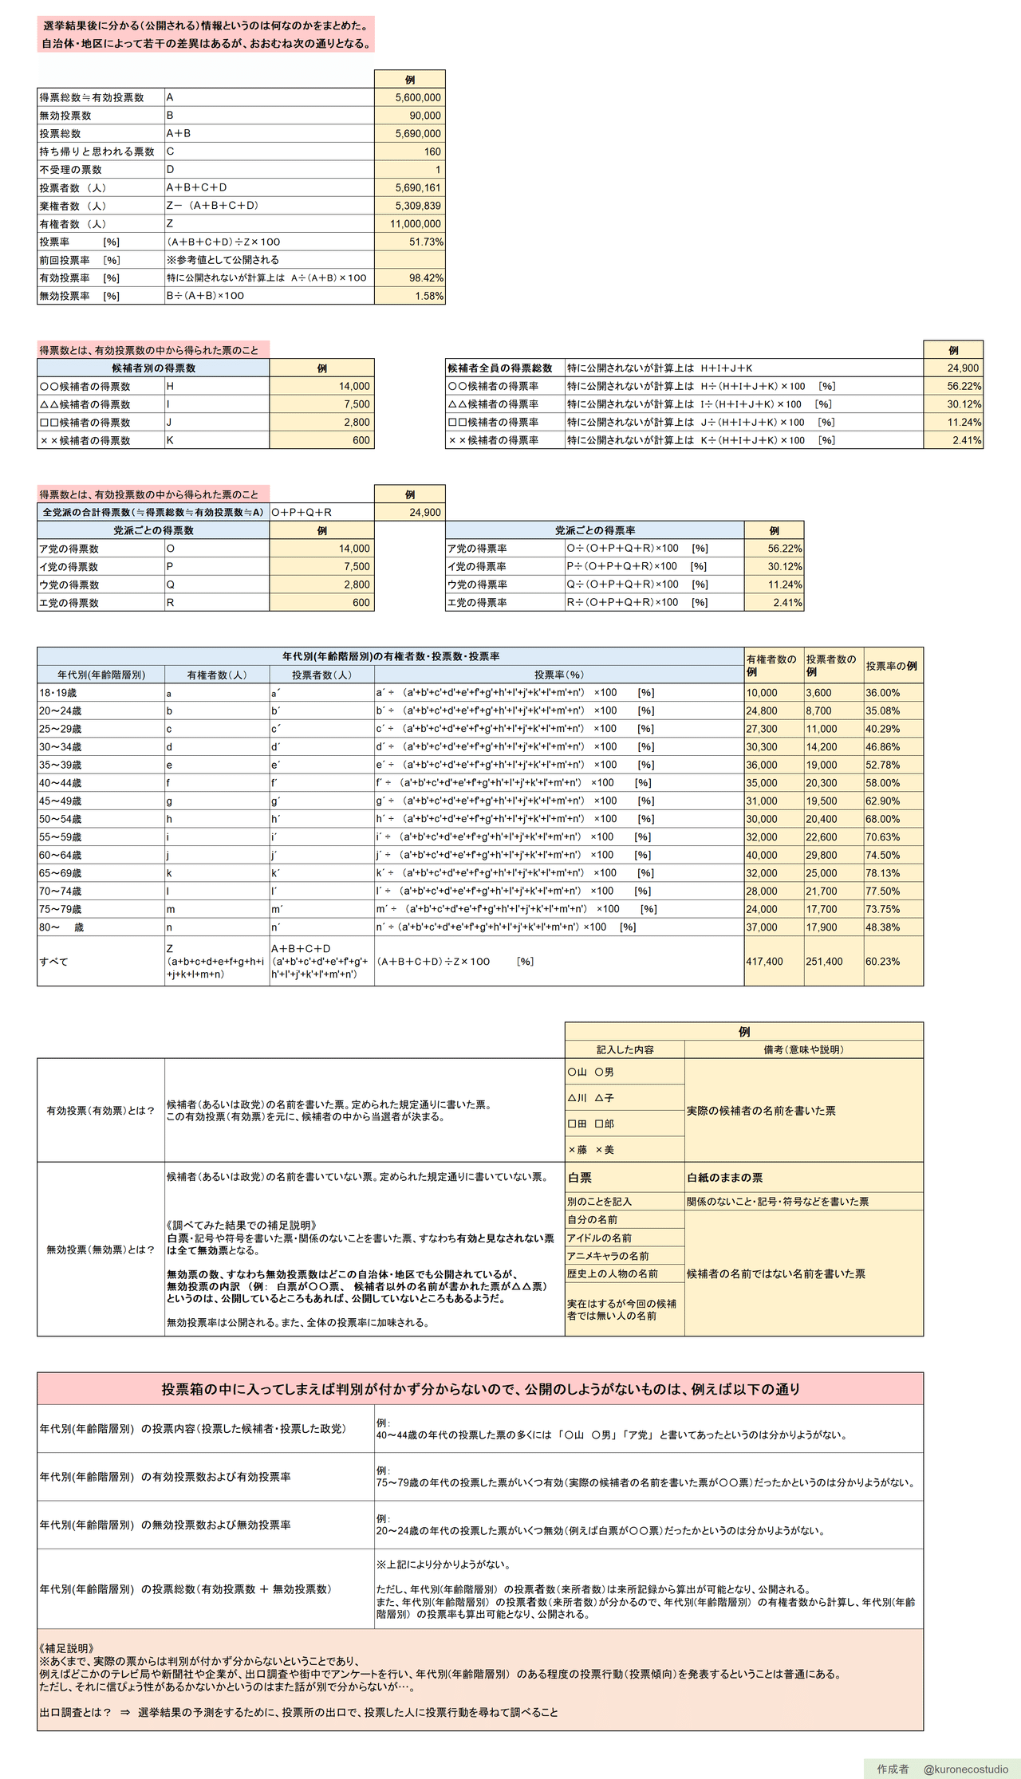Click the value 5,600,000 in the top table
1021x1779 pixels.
(417, 97)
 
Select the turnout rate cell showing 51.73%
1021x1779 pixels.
(426, 242)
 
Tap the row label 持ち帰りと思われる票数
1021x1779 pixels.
(97, 152)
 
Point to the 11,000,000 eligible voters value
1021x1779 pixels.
(416, 224)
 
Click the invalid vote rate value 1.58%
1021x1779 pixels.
(429, 296)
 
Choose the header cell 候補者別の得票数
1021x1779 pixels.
(153, 368)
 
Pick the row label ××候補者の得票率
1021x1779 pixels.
(493, 440)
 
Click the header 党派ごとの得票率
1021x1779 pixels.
(595, 530)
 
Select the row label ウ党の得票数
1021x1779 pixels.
(69, 585)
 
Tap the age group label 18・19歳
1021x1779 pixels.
(58, 693)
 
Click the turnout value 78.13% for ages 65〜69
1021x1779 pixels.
(882, 873)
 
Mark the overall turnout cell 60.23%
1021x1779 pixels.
(882, 962)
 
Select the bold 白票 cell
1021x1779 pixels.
(580, 1178)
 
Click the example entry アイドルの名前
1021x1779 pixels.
(599, 1238)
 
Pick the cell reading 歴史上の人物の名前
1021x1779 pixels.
(613, 1274)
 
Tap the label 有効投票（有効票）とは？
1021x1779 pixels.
(101, 1111)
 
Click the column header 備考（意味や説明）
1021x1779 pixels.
(803, 1050)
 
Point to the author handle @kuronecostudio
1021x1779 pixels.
(965, 1769)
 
